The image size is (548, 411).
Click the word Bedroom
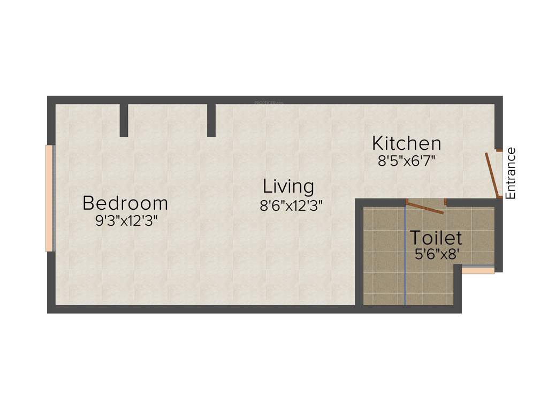click(x=125, y=203)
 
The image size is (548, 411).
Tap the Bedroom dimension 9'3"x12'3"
click(x=126, y=220)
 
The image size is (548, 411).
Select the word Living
click(x=288, y=187)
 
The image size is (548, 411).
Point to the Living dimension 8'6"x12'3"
click(x=291, y=205)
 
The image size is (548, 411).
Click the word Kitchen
click(x=407, y=143)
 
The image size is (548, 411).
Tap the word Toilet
click(x=436, y=237)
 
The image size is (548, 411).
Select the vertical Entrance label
click(x=511, y=173)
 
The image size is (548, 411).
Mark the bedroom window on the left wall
click(x=49, y=198)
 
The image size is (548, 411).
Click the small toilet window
click(x=478, y=271)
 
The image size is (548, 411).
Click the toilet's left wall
click(x=359, y=252)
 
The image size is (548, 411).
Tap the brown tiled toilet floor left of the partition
click(x=384, y=257)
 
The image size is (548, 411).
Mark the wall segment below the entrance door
click(x=499, y=235)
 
